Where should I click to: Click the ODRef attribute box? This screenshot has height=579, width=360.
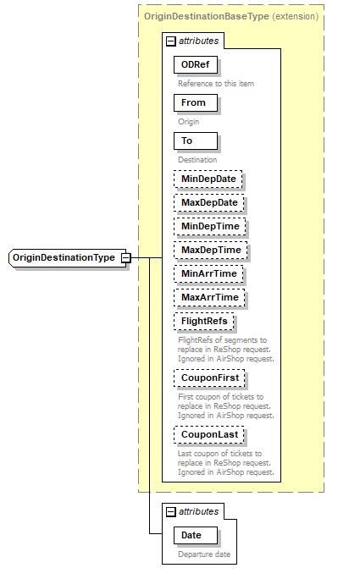(196, 65)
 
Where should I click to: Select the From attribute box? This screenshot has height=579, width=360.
(194, 102)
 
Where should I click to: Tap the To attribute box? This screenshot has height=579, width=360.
(194, 141)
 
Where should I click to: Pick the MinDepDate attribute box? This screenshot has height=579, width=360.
(208, 179)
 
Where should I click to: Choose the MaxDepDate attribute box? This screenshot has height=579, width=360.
(208, 203)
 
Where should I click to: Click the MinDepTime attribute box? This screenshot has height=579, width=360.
(208, 227)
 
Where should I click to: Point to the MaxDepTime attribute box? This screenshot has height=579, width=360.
(208, 251)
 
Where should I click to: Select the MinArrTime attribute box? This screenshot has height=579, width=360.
(208, 274)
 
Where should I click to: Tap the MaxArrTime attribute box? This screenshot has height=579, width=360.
(208, 298)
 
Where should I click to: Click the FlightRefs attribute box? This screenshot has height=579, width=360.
(203, 322)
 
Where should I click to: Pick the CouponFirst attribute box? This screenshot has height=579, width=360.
(208, 378)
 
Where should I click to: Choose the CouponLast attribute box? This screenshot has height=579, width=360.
(208, 435)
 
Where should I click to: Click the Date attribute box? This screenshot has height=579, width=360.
(194, 535)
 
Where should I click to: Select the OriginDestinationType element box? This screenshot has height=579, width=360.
(64, 257)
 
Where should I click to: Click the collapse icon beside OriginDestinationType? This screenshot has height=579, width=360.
(125, 257)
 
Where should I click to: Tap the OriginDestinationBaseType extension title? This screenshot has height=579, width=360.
(230, 16)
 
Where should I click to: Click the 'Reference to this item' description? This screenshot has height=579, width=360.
(215, 84)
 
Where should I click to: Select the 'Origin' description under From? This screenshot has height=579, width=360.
(188, 122)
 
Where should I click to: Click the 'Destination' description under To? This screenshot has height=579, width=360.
(197, 159)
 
